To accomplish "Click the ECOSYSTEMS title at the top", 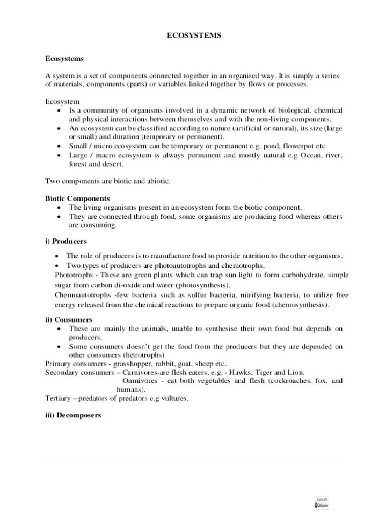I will pos(194,36).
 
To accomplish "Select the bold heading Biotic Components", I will pos(77,199).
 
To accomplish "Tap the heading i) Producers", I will pos(66,241).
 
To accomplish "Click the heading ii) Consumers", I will pos(68,319).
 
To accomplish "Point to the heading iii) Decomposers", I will pos(73,415).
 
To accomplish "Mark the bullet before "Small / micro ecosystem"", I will pos(59,146).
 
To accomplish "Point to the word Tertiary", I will pos(58,399).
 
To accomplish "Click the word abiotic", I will pos(158,181).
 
